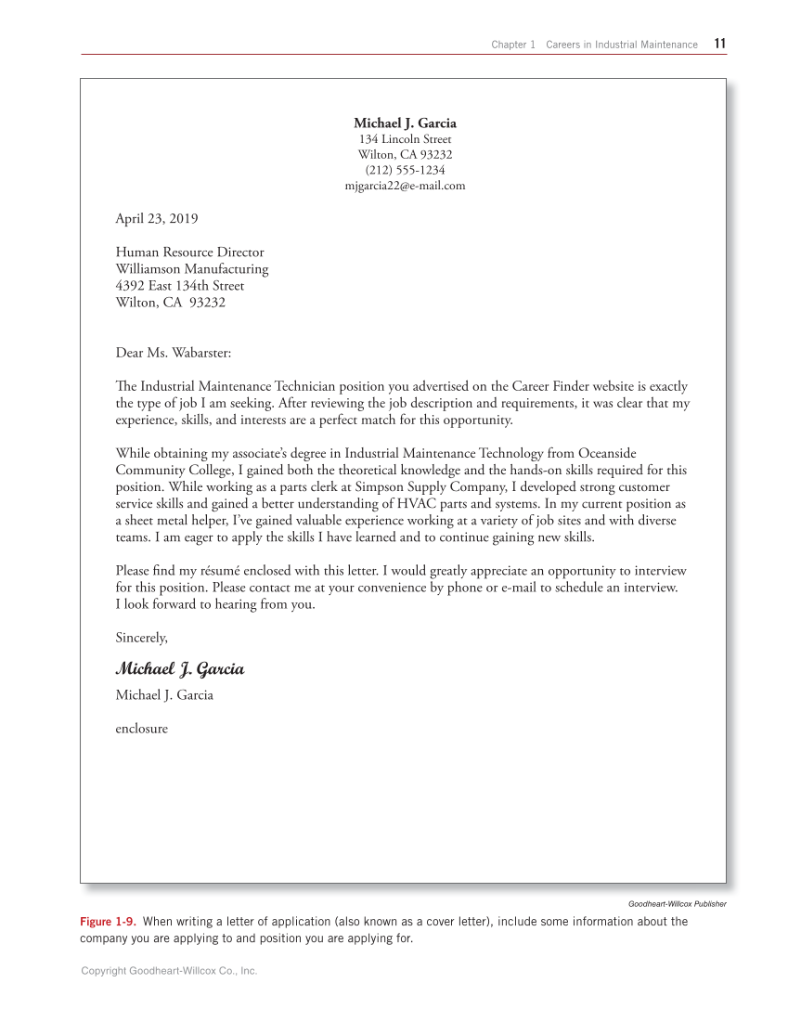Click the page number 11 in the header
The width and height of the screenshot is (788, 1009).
pyautogui.click(x=720, y=44)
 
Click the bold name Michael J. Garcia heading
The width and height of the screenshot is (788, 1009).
pyautogui.click(x=405, y=123)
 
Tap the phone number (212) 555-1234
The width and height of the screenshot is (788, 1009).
pyautogui.click(x=405, y=170)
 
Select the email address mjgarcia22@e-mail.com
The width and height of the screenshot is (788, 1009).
pyautogui.click(x=405, y=186)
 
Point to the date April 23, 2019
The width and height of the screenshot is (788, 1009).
pyautogui.click(x=156, y=219)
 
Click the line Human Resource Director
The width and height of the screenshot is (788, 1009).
pyautogui.click(x=189, y=252)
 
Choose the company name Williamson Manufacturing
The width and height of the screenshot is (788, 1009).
pyautogui.click(x=191, y=269)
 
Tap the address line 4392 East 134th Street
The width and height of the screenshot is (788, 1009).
pyautogui.click(x=179, y=286)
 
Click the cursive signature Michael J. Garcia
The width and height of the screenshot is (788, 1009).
pyautogui.click(x=180, y=669)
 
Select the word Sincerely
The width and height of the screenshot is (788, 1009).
pyautogui.click(x=141, y=638)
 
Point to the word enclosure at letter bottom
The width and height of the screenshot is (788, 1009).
pyautogui.click(x=141, y=729)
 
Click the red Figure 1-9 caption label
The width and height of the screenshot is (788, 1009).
pyautogui.click(x=108, y=922)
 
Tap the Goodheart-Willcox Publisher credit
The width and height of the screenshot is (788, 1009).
pyautogui.click(x=677, y=904)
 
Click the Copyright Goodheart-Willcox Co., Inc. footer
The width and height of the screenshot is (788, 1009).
pyautogui.click(x=169, y=971)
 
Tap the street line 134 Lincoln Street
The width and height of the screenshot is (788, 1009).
pyautogui.click(x=405, y=139)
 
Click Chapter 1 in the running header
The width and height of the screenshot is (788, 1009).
pyautogui.click(x=513, y=45)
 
